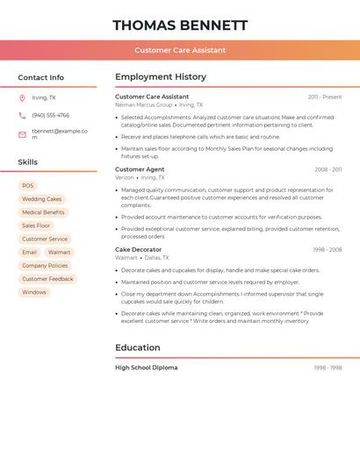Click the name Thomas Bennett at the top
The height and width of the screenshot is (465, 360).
click(180, 25)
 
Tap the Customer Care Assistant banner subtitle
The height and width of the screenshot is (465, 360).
click(180, 50)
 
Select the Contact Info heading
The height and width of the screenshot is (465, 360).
click(41, 77)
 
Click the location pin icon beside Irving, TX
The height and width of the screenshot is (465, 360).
click(22, 97)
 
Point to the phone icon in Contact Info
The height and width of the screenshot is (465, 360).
click(22, 115)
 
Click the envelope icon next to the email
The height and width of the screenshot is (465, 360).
click(22, 134)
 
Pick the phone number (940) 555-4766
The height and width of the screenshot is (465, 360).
click(50, 115)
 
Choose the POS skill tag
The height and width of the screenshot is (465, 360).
click(28, 186)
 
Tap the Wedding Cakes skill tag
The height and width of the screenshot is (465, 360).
click(41, 199)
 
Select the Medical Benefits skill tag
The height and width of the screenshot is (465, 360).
click(43, 212)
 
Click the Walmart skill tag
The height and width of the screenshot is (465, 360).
click(59, 253)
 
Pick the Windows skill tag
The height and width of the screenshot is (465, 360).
click(34, 292)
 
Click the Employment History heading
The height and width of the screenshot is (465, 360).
click(161, 77)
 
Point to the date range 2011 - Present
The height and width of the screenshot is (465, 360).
click(325, 97)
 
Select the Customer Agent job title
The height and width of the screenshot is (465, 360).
click(140, 169)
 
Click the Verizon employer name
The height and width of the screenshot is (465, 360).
click(125, 177)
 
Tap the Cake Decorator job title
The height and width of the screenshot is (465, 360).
click(138, 249)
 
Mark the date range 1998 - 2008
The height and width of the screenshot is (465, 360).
click(327, 250)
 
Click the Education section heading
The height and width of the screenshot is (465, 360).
click(138, 347)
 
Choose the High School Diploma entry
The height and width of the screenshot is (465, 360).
click(146, 368)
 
